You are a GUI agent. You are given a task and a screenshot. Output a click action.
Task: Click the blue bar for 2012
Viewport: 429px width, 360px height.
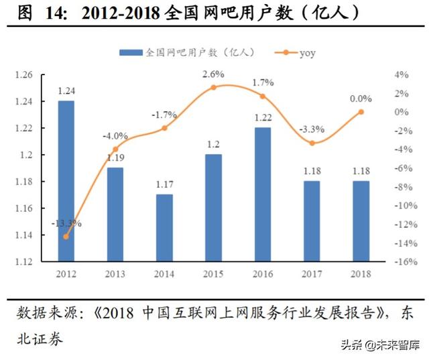point(66,181)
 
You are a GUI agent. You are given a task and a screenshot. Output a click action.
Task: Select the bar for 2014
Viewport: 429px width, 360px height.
point(164,228)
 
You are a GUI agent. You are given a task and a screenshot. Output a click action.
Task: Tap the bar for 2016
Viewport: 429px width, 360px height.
point(263,194)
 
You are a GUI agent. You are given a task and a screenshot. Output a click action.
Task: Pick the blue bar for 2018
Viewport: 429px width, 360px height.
point(361,221)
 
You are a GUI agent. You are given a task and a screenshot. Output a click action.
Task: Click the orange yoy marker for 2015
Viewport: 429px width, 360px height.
point(214,87)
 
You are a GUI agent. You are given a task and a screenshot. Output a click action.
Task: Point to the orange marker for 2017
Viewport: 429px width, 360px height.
point(312,143)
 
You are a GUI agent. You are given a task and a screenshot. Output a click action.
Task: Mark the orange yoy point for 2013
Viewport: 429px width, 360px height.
point(115,149)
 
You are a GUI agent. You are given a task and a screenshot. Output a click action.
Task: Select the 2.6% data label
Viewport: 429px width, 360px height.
point(214,72)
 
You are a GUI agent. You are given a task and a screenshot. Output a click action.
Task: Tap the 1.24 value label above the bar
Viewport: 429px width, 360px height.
point(66,90)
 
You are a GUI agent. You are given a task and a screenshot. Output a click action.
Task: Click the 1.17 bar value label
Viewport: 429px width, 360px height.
point(164,184)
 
